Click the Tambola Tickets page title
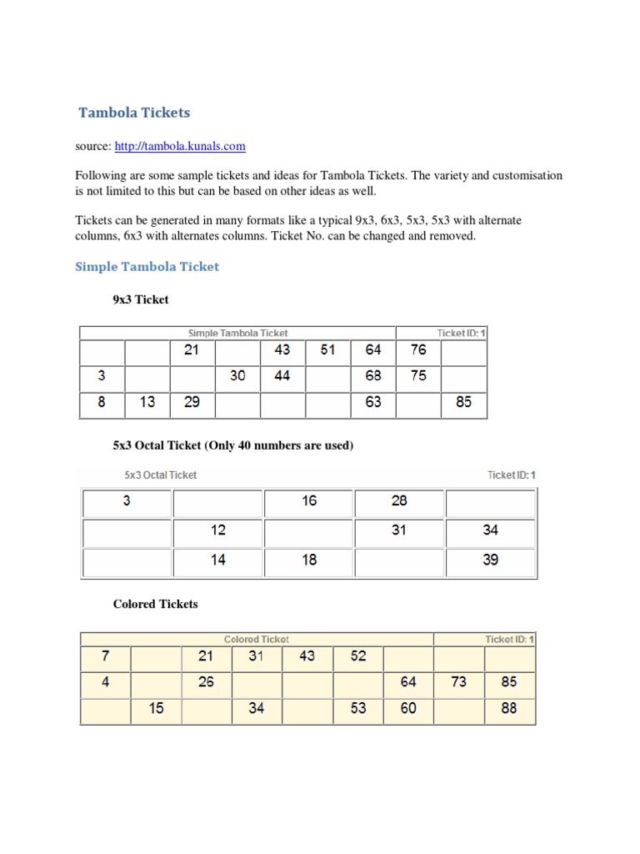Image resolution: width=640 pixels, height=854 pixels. pos(134,112)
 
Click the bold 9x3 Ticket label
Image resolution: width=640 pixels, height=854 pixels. pos(141,298)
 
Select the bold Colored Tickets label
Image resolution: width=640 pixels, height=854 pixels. pos(155,604)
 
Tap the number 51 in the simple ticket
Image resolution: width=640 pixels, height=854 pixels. pos(327,350)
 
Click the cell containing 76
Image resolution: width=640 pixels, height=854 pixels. pos(418,350)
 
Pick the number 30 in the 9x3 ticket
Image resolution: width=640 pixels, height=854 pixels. pos(237,376)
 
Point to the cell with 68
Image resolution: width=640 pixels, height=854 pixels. pos(373,376)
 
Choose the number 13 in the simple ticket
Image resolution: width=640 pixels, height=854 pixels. pos(147,402)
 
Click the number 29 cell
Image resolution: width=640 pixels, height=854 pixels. pos(192,402)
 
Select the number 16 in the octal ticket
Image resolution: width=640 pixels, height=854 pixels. pos(309,501)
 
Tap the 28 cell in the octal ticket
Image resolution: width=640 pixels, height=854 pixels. pos(399,501)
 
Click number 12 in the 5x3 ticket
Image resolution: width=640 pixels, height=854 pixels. pos(218,530)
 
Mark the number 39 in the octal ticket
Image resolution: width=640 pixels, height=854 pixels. pos(491,560)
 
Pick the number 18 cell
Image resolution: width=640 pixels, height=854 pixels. pos(309,560)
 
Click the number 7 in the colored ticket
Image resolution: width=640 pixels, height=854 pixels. pos(105,656)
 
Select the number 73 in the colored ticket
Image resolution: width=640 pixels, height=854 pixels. pos(459,682)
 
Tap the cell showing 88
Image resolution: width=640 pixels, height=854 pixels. pos(509,708)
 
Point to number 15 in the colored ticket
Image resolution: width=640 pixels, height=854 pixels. pos(156,708)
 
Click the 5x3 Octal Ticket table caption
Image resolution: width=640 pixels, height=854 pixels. pos(160,475)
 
